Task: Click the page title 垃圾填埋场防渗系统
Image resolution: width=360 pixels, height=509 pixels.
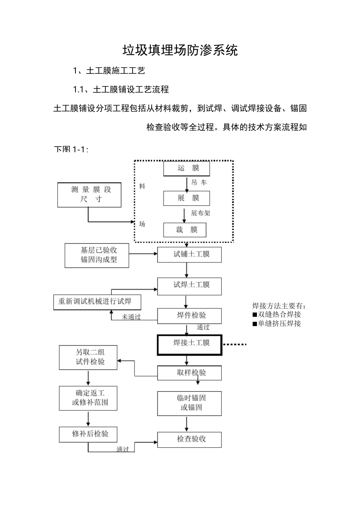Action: point(180,50)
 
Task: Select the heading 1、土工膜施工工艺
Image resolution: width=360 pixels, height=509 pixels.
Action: point(109,71)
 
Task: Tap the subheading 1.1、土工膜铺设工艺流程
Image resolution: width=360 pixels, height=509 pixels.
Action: point(121,90)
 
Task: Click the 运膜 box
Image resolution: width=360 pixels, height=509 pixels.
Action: point(186,169)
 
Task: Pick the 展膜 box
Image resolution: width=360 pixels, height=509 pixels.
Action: point(186,198)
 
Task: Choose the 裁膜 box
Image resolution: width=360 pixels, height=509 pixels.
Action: point(185,230)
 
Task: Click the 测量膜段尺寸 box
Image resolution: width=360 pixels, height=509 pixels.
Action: point(89,195)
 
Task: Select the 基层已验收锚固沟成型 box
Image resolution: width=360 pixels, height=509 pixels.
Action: point(97,255)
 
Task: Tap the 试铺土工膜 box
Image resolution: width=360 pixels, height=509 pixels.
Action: point(189,254)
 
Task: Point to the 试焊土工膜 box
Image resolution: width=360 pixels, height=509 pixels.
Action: point(189,286)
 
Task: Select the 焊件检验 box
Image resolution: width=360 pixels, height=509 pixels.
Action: point(189,316)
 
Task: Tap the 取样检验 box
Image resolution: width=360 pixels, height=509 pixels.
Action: point(189,373)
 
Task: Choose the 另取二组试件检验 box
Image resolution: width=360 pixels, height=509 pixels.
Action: point(88,357)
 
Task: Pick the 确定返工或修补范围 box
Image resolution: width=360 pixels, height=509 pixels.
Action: point(88,398)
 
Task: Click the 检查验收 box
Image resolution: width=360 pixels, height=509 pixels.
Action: point(189,439)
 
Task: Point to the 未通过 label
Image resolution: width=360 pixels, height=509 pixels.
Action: point(131,317)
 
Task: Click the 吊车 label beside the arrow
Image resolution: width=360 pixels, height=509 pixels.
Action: point(199,183)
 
